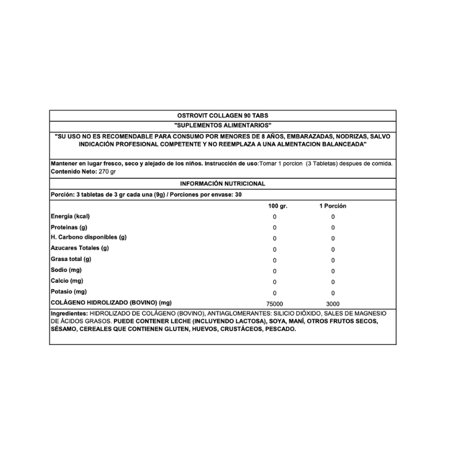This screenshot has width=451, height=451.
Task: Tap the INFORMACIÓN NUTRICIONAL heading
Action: pyautogui.click(x=223, y=183)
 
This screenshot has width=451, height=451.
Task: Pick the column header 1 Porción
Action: pyautogui.click(x=333, y=206)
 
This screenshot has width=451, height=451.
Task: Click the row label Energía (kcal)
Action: pyautogui.click(x=71, y=216)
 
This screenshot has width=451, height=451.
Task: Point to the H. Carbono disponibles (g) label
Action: pyautogui.click(x=89, y=237)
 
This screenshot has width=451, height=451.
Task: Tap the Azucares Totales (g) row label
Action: pyautogui.click(x=80, y=248)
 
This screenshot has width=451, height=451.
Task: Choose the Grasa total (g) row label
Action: pyautogui.click(x=71, y=259)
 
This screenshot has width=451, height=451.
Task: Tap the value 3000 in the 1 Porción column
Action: pyautogui.click(x=333, y=303)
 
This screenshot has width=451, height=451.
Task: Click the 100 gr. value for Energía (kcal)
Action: pyautogui.click(x=275, y=217)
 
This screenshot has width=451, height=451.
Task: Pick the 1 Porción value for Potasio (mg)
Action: pyautogui.click(x=333, y=293)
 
